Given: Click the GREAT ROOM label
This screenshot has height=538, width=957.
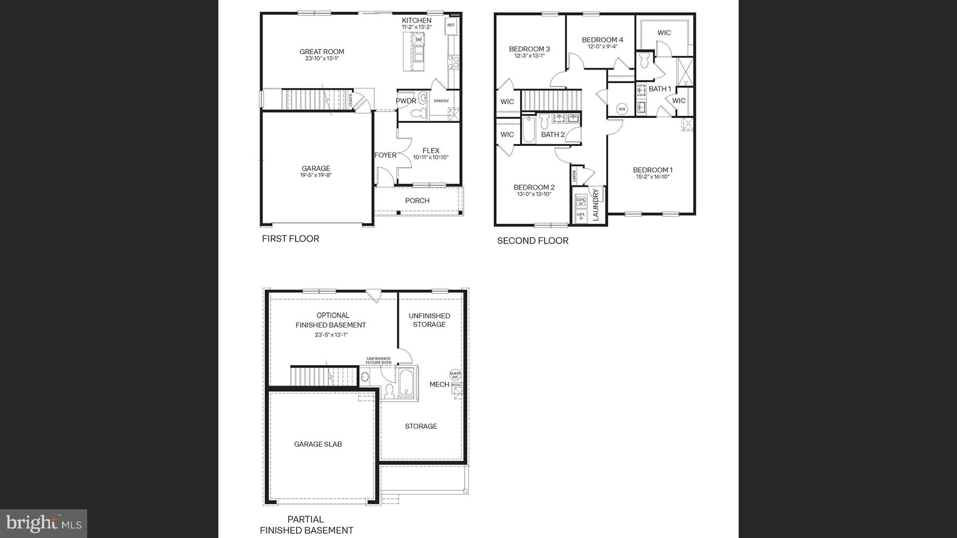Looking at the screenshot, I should coord(322,52).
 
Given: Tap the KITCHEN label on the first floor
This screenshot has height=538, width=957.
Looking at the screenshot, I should coord(416,20).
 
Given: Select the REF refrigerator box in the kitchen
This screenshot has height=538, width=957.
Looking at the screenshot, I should coord(451,25).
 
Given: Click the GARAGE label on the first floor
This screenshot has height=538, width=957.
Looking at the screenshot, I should coord(316,168).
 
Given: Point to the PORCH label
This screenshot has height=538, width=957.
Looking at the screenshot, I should coord(417,200).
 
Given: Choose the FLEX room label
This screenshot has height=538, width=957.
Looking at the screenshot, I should coord(431,150).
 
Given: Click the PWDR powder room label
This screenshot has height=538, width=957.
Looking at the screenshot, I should coord(406,100).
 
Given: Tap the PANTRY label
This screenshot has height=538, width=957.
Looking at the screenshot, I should coord(441,100).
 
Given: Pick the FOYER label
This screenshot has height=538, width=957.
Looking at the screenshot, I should coord(385,155).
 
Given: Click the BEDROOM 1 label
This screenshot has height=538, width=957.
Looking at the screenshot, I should coord(652,170).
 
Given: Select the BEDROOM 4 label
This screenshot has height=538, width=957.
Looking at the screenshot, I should coord(602,39).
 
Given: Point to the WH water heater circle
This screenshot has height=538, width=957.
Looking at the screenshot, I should coord(622,109).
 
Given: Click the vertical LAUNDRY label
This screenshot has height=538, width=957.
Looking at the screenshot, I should coord(595,204).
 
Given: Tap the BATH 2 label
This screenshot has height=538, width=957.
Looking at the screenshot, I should coord(553,134).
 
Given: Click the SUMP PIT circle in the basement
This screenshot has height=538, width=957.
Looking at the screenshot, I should coord(455,375).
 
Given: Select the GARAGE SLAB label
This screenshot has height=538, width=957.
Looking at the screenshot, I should coord(318,444).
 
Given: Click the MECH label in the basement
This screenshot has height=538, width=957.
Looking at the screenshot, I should coord(439,384).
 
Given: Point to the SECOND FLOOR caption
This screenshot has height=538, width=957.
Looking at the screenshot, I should coord(533,241).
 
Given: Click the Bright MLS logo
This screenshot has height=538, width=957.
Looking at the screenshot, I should coord(44,524).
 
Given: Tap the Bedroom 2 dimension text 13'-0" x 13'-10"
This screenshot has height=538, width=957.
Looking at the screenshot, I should coord(534,195).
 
